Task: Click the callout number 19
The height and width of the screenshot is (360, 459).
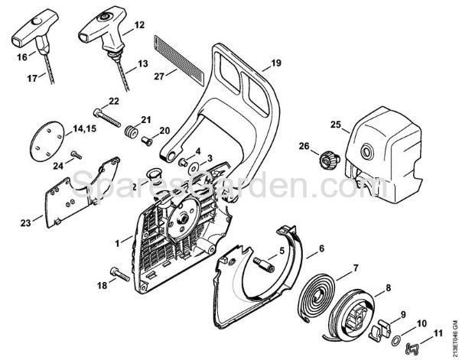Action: (276, 62)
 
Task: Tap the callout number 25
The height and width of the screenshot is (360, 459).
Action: (335, 125)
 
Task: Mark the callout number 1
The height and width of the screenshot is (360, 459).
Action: (116, 242)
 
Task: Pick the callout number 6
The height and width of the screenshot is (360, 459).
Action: (321, 247)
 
